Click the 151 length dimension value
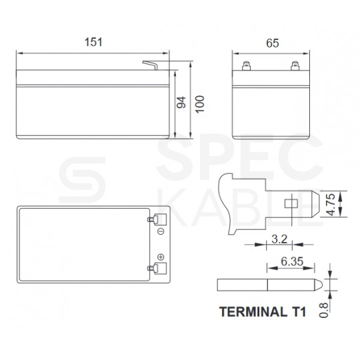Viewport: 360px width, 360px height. click(x=93, y=42)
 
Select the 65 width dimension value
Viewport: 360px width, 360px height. click(x=273, y=43)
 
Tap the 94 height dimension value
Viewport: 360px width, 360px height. click(x=181, y=103)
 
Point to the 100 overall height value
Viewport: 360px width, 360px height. click(x=200, y=104)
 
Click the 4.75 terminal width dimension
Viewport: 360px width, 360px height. click(x=331, y=205)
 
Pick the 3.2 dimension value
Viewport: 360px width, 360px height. click(x=279, y=239)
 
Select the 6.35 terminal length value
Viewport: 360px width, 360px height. click(x=292, y=261)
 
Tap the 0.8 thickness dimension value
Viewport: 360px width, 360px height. click(x=324, y=310)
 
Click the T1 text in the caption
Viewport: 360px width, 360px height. click(x=299, y=312)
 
